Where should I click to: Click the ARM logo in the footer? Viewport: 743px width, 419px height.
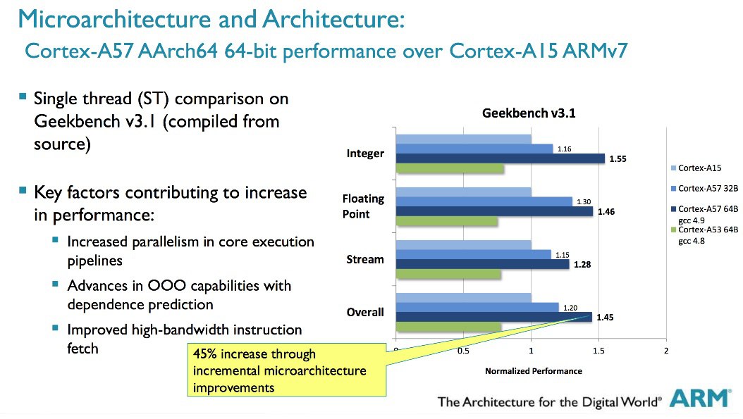701,398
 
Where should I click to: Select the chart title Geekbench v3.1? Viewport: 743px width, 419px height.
528,113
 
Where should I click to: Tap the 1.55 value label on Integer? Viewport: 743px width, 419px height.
618,159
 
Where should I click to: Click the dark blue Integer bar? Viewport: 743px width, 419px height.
501,158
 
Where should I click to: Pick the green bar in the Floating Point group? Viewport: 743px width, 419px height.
447,221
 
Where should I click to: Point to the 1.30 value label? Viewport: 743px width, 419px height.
583,201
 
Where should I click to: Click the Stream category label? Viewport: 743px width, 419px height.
365,259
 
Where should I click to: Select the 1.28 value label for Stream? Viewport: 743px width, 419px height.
582,265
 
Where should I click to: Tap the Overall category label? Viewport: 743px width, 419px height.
365,312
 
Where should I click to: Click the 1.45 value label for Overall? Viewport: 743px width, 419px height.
605,317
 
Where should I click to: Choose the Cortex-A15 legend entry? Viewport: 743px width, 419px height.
696,168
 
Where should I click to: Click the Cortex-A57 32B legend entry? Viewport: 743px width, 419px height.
705,189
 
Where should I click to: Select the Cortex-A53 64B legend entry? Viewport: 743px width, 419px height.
705,234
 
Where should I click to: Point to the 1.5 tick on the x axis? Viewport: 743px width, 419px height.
598,351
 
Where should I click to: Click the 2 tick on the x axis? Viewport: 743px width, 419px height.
665,351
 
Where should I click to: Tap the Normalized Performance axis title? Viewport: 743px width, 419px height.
533,371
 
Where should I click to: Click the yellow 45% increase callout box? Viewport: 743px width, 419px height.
287,370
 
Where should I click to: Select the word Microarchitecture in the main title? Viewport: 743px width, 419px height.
114,20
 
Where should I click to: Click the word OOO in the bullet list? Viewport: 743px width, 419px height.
166,286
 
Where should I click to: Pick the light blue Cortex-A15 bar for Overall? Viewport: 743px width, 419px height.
463,298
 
